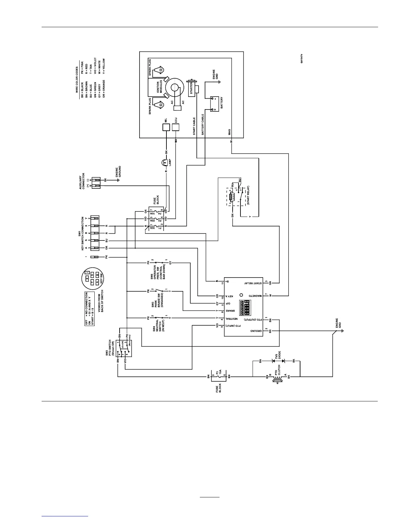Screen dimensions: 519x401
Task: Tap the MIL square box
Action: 166,127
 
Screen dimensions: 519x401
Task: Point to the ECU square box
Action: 176,127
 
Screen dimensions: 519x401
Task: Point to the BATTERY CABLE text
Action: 203,125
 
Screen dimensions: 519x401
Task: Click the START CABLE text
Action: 194,126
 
